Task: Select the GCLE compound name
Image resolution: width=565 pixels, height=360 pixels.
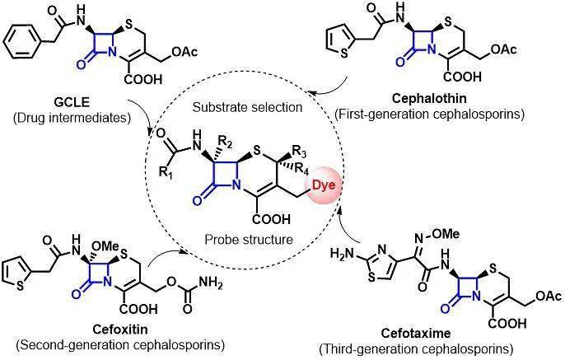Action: (71, 104)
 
